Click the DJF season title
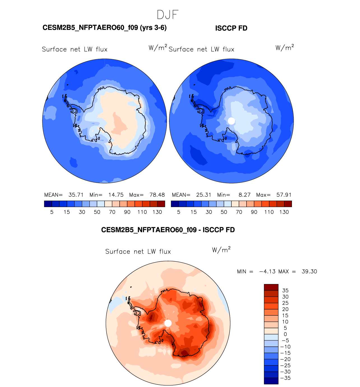(168, 15)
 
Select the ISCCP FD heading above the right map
(231, 28)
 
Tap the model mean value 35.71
(76, 195)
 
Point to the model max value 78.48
(157, 195)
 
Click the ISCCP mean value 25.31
(203, 195)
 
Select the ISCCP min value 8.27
(245, 195)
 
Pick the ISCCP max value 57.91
(284, 195)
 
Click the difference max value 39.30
(309, 271)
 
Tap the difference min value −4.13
(267, 271)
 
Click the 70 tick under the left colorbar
(112, 212)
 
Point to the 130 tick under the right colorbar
(284, 212)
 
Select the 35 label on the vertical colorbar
(285, 290)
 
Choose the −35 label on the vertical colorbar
(285, 378)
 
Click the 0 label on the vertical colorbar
(285, 334)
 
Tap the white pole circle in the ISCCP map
(231, 121)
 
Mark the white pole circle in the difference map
(168, 323)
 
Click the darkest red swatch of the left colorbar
(161, 204)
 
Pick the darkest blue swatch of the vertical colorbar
(271, 381)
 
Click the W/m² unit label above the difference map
(221, 250)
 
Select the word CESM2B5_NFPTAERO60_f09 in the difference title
(149, 230)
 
